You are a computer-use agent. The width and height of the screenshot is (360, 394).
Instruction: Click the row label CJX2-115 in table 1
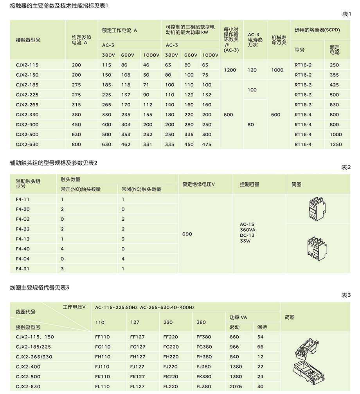(27, 65)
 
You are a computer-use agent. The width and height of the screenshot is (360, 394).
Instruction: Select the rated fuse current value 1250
(335, 144)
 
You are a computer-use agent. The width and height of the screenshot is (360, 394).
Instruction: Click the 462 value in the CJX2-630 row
(125, 144)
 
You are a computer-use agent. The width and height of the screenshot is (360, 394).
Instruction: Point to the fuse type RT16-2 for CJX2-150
(303, 75)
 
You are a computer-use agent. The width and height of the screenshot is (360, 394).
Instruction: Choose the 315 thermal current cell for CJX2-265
(76, 105)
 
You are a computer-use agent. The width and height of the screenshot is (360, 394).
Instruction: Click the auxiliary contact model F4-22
(23, 229)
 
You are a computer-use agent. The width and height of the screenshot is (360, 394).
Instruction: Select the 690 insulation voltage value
(187, 234)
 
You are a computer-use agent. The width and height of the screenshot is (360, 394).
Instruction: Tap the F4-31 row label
(23, 269)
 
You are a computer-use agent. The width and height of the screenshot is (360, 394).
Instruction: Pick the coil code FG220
(171, 347)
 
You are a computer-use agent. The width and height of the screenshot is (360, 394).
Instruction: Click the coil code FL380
(204, 387)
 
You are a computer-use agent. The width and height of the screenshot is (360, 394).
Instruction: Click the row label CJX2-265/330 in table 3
(34, 357)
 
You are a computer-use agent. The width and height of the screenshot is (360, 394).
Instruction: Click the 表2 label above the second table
(346, 167)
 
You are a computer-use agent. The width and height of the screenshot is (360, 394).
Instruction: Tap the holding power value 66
(260, 347)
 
